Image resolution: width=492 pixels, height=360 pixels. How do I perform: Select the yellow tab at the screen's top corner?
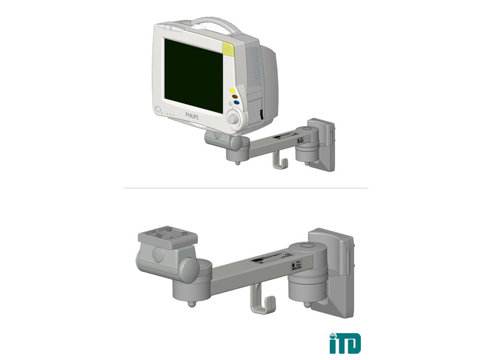[x=229, y=49]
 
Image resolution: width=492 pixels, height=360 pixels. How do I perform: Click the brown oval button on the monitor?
[x=235, y=96]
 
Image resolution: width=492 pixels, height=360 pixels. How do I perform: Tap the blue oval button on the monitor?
[x=237, y=102]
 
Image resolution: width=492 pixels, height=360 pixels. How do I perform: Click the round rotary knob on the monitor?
[x=234, y=118]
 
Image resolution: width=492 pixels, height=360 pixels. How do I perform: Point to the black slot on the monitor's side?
[x=260, y=115]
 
